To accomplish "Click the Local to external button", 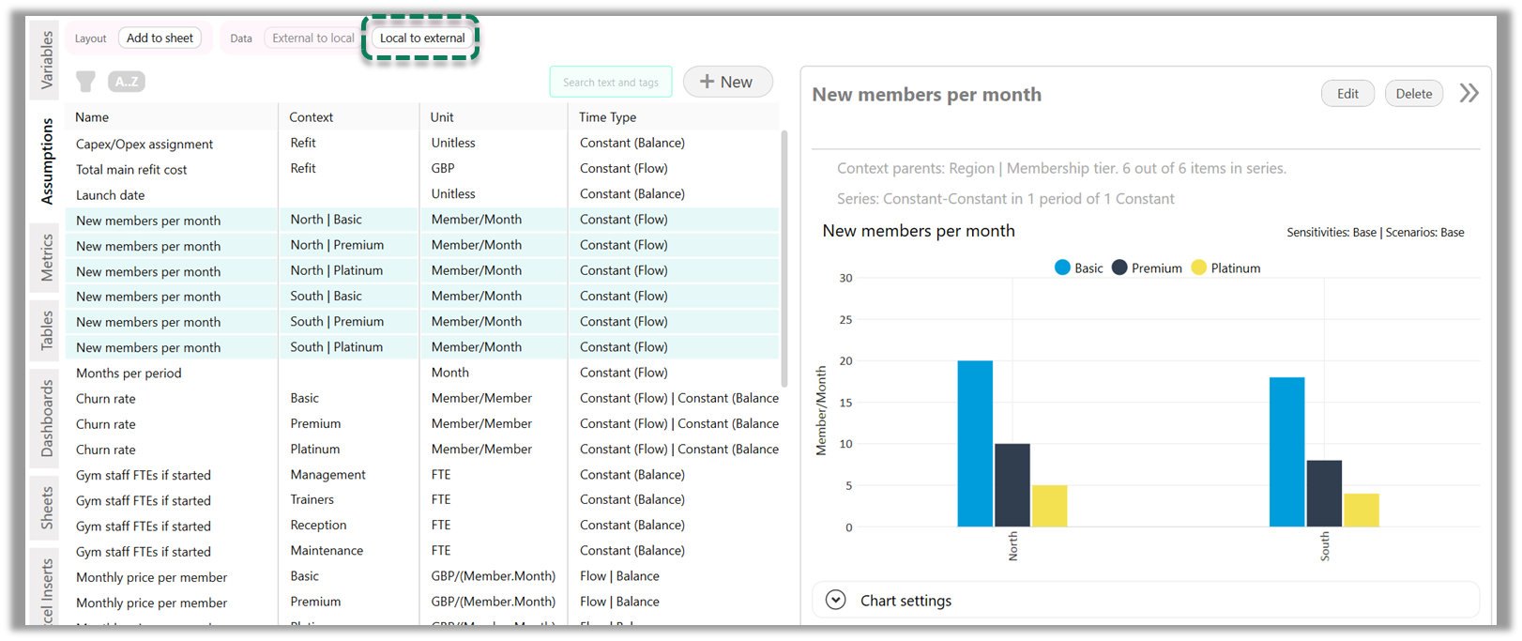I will pos(422,38).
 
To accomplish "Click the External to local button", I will pos(313,38).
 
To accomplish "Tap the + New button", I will pos(727,82).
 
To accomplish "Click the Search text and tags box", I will pos(611,83).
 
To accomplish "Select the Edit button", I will pos(1347,94).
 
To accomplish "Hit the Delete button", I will pos(1413,94).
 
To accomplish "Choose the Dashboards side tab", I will pos(47,419).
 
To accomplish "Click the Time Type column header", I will pos(607,117).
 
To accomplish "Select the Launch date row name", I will pos(110,195).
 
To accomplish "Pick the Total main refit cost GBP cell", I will pos(443,169).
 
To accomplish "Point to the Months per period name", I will pos(129,374).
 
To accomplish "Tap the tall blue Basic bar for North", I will pos(975,443).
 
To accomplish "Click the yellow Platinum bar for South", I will pos(1361,510).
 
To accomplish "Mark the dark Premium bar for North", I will pos(1012,485).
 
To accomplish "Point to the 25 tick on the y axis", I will pos(845,320).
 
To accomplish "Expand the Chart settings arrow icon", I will pos(835,601).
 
